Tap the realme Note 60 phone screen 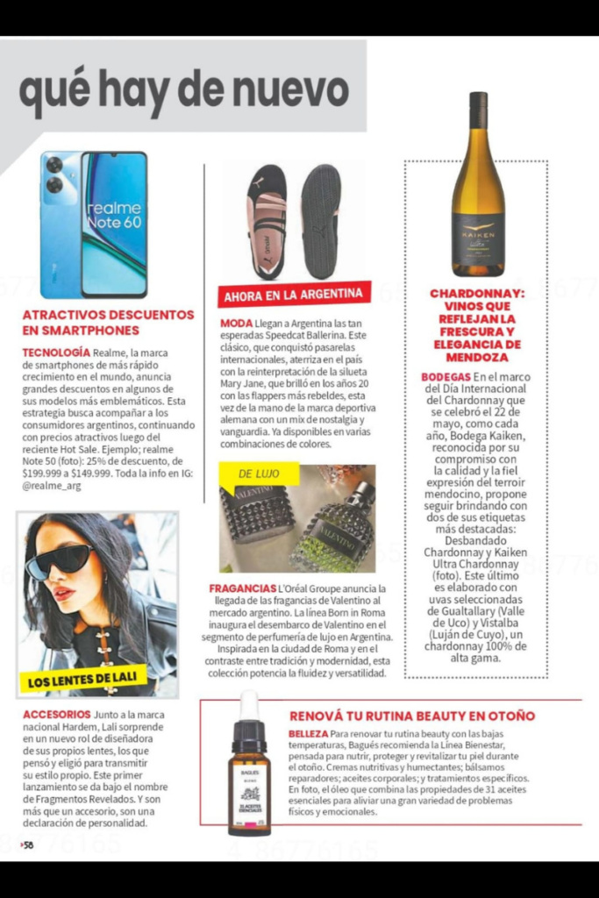point(114,224)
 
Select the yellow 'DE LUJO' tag point(259,474)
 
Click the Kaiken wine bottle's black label point(478,238)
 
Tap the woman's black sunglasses point(59,559)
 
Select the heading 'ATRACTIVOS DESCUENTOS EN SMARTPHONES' point(108,322)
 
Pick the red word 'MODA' point(236,324)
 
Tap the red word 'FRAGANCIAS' point(243,588)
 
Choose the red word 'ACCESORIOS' point(57,714)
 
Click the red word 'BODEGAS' point(446,376)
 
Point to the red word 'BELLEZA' point(309,732)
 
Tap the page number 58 point(28,845)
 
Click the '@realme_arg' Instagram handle point(52,485)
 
